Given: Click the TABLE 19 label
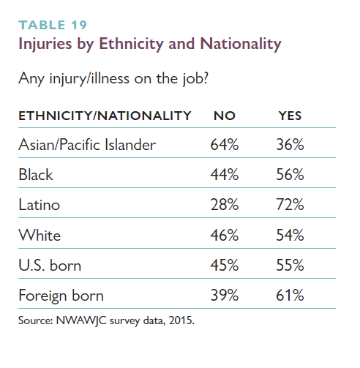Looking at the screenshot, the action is pyautogui.click(x=53, y=25).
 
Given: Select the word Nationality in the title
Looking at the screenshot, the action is pyautogui.click(x=241, y=44).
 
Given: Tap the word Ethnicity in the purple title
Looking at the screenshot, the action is pyautogui.click(x=131, y=44).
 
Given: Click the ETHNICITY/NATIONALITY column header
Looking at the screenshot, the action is pyautogui.click(x=105, y=116).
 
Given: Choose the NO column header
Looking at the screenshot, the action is pyautogui.click(x=225, y=116).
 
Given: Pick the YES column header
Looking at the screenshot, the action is pyautogui.click(x=290, y=116).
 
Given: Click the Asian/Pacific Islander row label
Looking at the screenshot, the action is pyautogui.click(x=87, y=145).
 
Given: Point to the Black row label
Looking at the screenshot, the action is pyautogui.click(x=36, y=175).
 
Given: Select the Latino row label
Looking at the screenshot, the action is pyautogui.click(x=40, y=205).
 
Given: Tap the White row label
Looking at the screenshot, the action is pyautogui.click(x=40, y=235).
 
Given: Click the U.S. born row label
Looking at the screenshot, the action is pyautogui.click(x=50, y=265).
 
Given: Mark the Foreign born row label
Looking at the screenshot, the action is pyautogui.click(x=61, y=296).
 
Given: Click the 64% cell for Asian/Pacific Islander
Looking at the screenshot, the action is pyautogui.click(x=225, y=145).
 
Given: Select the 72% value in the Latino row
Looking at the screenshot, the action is pyautogui.click(x=290, y=205).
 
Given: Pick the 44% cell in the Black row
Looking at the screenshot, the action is pyautogui.click(x=225, y=175).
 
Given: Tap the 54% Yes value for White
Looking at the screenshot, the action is pyautogui.click(x=290, y=235).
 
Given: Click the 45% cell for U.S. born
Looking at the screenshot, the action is pyautogui.click(x=225, y=265).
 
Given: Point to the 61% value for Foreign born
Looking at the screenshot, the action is pyautogui.click(x=290, y=296).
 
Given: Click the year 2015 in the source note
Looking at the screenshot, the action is pyautogui.click(x=181, y=320).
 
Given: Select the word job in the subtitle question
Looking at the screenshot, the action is pyautogui.click(x=195, y=79).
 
